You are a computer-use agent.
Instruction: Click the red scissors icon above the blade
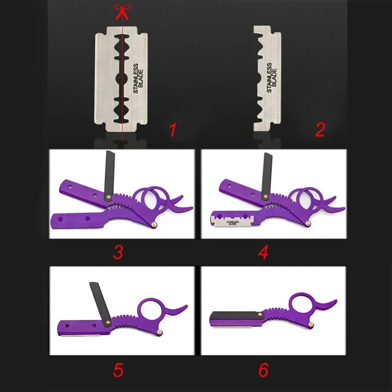coord(122,11)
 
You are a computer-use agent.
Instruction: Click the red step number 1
coord(173,129)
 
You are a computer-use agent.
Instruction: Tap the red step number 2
coord(320,129)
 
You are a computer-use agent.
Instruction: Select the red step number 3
coord(118,252)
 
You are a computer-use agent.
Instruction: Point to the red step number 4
coord(264,252)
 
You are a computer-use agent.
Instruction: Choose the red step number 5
coord(118,370)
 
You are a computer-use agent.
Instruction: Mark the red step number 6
coord(264,370)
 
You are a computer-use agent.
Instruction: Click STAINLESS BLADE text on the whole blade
coord(138,78)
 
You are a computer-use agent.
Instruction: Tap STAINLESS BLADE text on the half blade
coord(271,78)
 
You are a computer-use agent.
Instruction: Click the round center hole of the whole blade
coord(122,78)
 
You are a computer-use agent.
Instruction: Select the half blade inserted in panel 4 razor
coord(232,221)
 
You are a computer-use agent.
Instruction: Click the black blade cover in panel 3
coord(110,175)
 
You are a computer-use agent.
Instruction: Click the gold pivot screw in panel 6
coord(311,324)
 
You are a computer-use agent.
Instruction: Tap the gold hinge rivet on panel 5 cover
coord(108,322)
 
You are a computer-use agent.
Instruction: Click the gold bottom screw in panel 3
coord(154,224)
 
